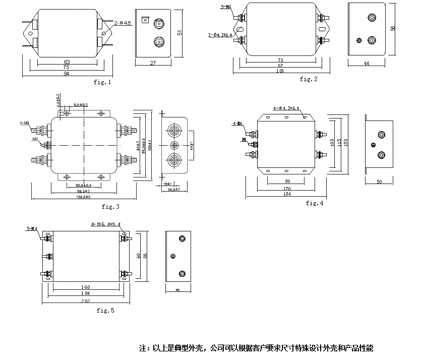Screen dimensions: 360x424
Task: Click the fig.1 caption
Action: [x=102, y=82]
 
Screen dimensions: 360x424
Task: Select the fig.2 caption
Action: [x=309, y=79]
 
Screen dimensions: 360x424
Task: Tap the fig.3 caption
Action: [x=110, y=206]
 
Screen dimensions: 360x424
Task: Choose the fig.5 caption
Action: [x=105, y=311]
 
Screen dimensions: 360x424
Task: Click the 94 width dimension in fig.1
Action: [x=67, y=74]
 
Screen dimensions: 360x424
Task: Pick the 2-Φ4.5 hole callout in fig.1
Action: [x=123, y=23]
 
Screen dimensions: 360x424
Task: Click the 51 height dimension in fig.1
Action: [x=179, y=33]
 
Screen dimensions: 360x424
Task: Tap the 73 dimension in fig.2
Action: [x=280, y=60]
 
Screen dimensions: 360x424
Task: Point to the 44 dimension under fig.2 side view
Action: [x=366, y=64]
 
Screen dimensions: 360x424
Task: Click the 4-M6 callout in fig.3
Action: [x=25, y=123]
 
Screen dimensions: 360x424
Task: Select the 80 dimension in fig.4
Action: [x=287, y=181]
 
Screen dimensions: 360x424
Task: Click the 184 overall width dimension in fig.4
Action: [x=287, y=195]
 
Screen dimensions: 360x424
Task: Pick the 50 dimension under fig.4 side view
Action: [x=379, y=182]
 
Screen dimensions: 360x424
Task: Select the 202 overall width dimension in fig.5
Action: [x=85, y=301]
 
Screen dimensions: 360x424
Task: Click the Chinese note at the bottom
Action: [x=256, y=348]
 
